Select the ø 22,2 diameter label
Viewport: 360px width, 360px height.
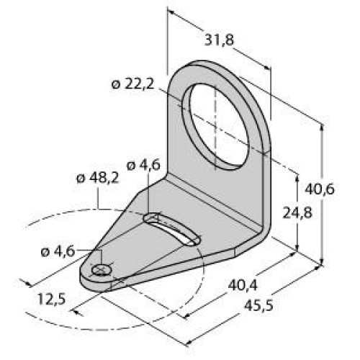pos(134,85)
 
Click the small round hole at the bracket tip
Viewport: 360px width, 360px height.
pos(102,270)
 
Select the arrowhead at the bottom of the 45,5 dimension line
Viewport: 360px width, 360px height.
pos(189,342)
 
